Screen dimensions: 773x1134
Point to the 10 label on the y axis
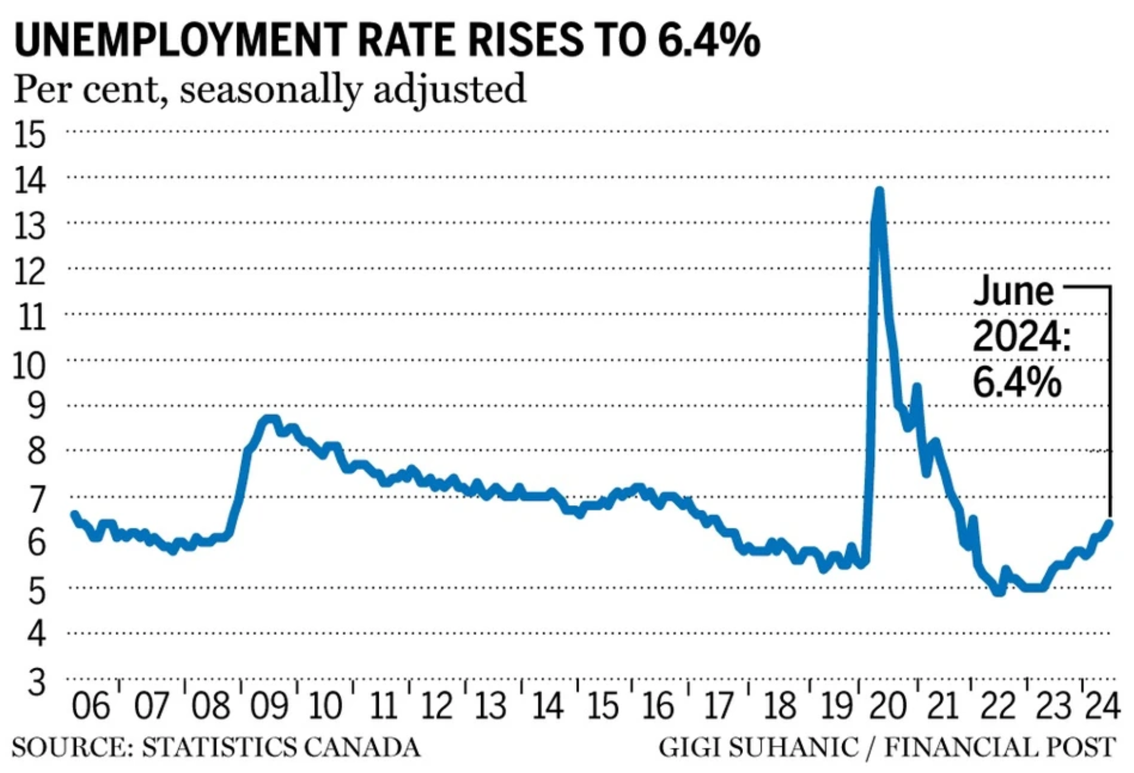pyautogui.click(x=29, y=365)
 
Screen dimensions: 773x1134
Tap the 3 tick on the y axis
pyautogui.click(x=37, y=682)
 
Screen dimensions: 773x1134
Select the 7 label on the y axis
pyautogui.click(x=37, y=500)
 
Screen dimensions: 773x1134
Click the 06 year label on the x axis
pyautogui.click(x=91, y=706)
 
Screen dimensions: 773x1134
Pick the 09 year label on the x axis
pyautogui.click(x=269, y=706)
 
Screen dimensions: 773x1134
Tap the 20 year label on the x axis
pyautogui.click(x=887, y=706)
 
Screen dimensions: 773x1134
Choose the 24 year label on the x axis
pyautogui.click(x=1102, y=706)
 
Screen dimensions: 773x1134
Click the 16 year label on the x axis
pyautogui.click(x=658, y=706)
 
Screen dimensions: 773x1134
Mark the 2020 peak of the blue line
pyautogui.click(x=879, y=191)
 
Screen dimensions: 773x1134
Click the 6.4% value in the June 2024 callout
pyautogui.click(x=1017, y=383)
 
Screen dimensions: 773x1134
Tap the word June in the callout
pyautogui.click(x=1013, y=292)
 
